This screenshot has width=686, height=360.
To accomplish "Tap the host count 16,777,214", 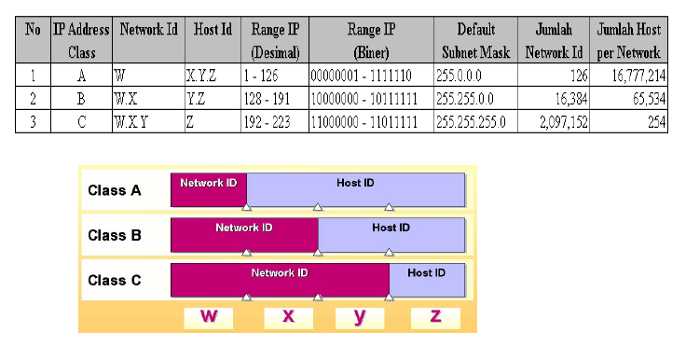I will pos(631,76).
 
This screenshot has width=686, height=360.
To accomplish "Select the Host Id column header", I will pos(213,30).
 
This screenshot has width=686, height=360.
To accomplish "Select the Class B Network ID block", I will pos(244,234).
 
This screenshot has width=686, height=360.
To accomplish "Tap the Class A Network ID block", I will pos(208,188).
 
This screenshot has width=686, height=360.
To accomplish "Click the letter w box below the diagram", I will pos(210,317).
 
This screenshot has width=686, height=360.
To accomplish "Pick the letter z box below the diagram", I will pos(435,317).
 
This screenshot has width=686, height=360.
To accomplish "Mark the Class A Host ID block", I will pos(355,188).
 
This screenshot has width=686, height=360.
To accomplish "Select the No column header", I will pos(34,30).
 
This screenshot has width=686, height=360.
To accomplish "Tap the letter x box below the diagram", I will pos(289,317).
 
